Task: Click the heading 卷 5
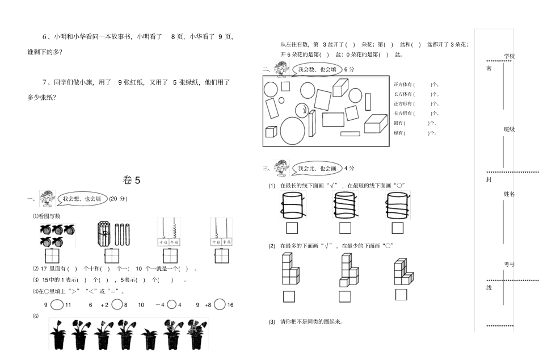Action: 131,180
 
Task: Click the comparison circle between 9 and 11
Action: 56,305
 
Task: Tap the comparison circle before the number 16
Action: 218,305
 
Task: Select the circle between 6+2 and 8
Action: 117,305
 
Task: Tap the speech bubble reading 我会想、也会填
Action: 82,199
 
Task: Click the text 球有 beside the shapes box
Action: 399,133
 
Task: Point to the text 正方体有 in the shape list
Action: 403,85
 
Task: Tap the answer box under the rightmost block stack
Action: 401,294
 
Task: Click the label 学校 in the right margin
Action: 509,56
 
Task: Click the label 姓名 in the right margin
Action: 509,194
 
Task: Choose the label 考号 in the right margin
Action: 509,264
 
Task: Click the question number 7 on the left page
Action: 44,82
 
